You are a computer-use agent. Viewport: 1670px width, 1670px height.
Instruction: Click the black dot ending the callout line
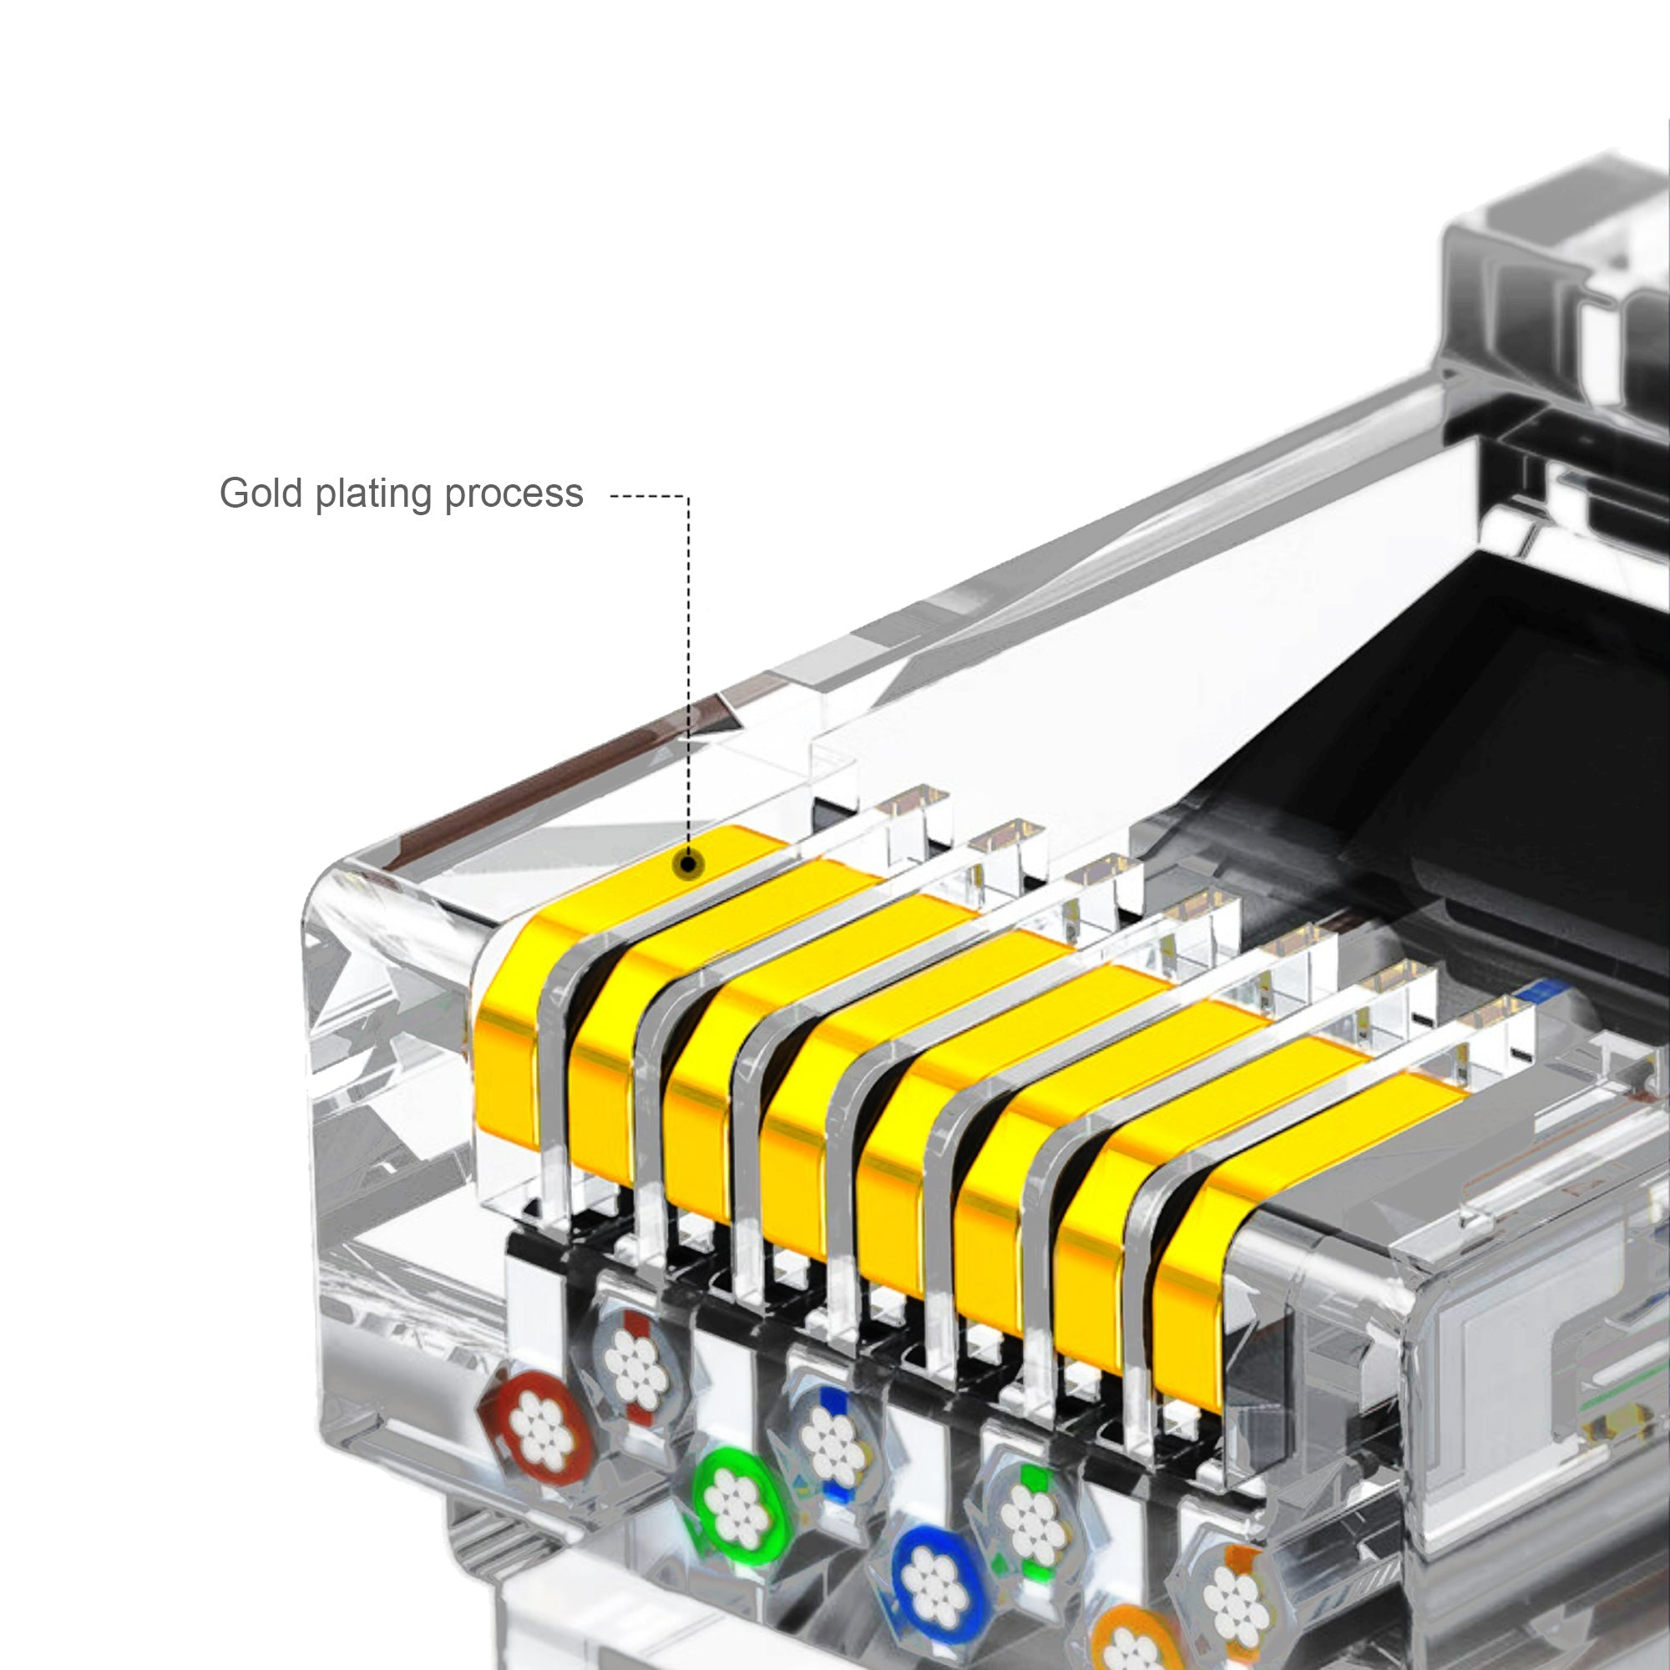(689, 863)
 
